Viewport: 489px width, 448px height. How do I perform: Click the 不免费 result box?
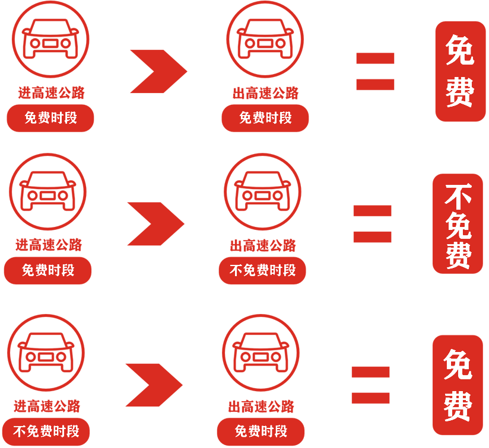click(x=458, y=223)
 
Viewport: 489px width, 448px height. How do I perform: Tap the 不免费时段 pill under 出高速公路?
click(x=262, y=271)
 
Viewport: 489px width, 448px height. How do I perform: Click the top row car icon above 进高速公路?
click(x=50, y=38)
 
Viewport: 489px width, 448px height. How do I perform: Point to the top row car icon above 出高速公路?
click(x=266, y=38)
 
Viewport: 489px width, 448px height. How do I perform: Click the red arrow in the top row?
click(x=158, y=71)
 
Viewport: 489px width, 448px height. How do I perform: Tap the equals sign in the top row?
click(x=375, y=71)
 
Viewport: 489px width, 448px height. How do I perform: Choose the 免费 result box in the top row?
click(x=461, y=71)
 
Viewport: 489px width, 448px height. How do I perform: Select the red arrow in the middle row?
click(x=155, y=223)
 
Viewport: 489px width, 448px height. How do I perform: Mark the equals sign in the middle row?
click(x=373, y=223)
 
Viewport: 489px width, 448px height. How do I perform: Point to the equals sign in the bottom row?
click(x=371, y=385)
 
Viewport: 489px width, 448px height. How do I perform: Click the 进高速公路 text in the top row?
click(x=50, y=92)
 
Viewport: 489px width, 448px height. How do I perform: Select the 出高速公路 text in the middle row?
click(x=262, y=245)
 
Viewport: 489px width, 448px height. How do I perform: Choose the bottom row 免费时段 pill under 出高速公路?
click(x=261, y=431)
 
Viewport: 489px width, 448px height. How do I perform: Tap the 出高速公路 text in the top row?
click(x=265, y=92)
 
